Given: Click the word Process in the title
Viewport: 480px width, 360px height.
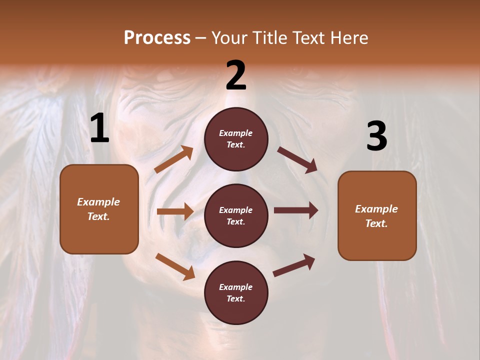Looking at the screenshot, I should tap(157, 37).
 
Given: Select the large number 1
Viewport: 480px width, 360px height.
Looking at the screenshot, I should tap(99, 129).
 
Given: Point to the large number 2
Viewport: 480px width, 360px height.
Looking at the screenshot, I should tap(236, 75).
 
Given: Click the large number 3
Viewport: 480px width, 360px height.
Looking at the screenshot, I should tap(376, 136).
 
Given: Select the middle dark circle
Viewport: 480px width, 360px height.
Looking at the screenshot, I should tap(236, 216).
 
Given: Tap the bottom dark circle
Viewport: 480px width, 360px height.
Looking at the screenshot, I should tap(236, 293).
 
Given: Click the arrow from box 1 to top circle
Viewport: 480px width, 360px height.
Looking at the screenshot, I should tap(173, 159).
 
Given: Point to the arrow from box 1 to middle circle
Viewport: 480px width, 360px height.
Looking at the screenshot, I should tap(175, 211).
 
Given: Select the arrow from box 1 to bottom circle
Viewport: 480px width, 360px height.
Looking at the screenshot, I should tap(175, 266).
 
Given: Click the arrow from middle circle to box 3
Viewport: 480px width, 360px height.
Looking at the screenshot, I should tap(295, 210).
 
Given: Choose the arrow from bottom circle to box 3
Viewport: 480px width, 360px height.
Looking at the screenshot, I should tap(294, 265).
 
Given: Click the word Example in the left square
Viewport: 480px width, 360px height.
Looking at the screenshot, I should tap(98, 202).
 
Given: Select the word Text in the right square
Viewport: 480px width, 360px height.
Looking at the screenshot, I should tap(376, 223).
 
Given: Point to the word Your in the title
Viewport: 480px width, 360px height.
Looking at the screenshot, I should tap(229, 37).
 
